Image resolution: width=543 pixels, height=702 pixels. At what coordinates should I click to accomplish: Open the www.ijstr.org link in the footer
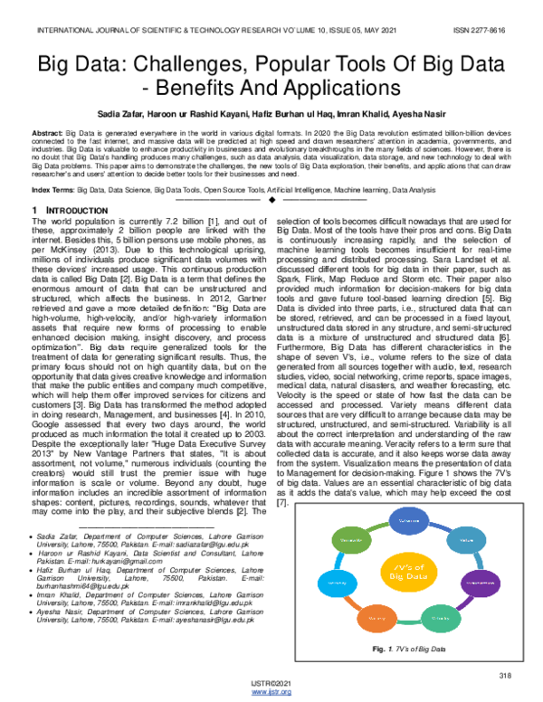click(x=271, y=693)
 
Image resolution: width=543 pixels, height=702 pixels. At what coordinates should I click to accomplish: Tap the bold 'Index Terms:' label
click(x=53, y=191)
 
